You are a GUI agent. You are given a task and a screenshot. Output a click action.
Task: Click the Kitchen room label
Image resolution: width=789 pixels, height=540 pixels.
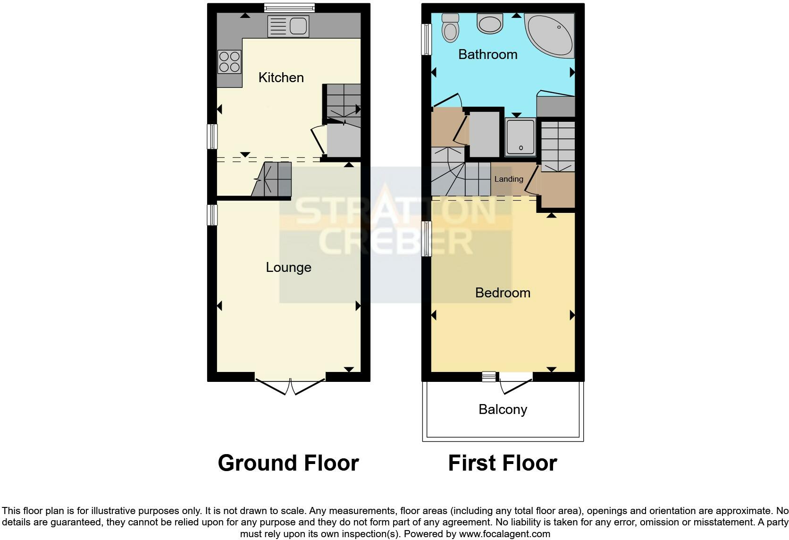point(281,77)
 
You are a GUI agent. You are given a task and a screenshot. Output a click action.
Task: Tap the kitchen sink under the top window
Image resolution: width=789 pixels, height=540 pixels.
point(288,26)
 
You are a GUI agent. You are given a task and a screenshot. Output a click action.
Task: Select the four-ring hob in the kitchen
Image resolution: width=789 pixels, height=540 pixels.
point(229,62)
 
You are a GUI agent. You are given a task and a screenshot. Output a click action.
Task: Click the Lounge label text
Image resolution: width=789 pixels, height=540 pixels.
point(288,267)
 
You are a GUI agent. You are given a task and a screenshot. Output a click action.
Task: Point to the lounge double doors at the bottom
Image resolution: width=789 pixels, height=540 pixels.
point(290,385)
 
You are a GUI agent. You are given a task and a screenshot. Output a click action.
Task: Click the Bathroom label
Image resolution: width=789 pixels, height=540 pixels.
point(487,54)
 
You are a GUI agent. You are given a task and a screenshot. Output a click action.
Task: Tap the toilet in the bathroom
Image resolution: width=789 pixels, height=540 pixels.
point(451,28)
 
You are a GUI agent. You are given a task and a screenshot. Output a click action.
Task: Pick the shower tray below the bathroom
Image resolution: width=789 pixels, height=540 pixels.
point(520,137)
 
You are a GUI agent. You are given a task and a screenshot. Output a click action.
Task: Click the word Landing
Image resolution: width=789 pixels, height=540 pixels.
point(508,179)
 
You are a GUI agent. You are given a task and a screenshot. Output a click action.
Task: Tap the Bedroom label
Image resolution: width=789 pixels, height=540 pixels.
point(503,293)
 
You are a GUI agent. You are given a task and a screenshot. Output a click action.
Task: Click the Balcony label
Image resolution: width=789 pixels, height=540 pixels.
point(503,409)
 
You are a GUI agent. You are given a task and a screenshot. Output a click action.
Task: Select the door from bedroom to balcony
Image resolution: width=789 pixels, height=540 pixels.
point(516,383)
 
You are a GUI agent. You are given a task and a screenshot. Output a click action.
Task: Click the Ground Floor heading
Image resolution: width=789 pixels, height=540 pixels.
point(288,463)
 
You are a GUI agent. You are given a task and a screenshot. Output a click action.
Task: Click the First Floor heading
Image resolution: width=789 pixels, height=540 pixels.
point(503,463)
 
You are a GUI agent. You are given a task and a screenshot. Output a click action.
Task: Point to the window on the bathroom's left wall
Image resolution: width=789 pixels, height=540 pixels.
point(427,39)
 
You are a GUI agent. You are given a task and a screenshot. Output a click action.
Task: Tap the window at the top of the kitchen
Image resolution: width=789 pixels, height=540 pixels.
point(289,8)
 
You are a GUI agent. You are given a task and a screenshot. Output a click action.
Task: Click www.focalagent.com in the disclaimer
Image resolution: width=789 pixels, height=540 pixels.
point(504,534)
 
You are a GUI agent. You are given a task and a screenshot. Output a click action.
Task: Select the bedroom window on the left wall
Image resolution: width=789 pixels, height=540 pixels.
point(427,239)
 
